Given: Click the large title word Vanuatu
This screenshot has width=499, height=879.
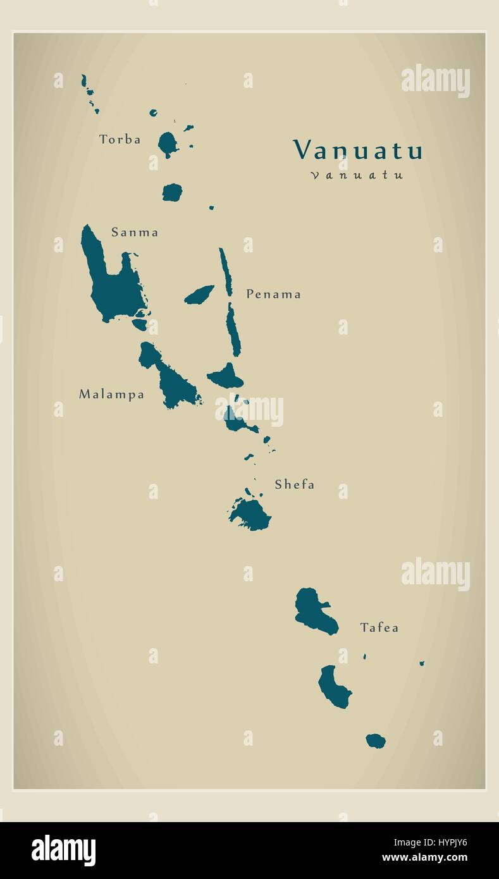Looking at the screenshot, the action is click(x=357, y=151).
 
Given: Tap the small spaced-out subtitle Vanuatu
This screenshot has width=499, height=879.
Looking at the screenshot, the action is click(x=357, y=175).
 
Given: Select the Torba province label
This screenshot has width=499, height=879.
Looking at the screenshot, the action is click(x=120, y=139).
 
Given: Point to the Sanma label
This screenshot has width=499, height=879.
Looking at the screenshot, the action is click(x=135, y=232).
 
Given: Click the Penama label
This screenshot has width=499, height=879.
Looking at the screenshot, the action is click(x=273, y=294).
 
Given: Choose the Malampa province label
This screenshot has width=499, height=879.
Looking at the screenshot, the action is click(x=111, y=395).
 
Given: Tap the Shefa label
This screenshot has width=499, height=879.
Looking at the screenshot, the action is click(x=294, y=484).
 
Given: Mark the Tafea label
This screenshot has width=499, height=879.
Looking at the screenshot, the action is click(x=379, y=627).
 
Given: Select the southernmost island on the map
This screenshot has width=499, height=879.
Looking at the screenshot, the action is click(x=376, y=741).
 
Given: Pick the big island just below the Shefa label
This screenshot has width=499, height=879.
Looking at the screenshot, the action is click(x=252, y=514).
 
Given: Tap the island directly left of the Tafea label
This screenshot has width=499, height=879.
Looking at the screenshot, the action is click(x=313, y=611).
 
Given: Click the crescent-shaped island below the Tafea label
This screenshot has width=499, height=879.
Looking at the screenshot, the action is click(x=333, y=688).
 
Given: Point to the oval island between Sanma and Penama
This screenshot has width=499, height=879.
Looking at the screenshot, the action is click(x=199, y=295).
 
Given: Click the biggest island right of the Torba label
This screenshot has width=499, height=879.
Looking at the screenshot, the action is click(x=168, y=144).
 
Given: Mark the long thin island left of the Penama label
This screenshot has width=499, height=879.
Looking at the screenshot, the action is click(x=225, y=271).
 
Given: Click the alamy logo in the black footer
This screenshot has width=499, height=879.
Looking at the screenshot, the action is click(x=63, y=850).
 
